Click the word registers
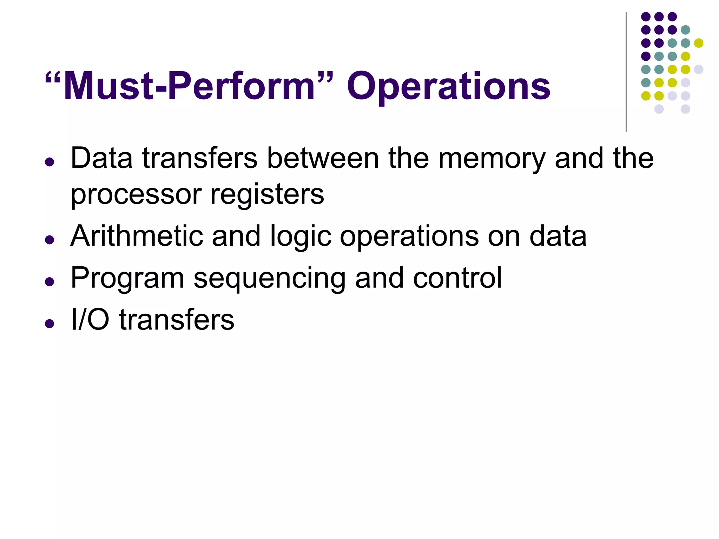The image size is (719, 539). [x=267, y=195]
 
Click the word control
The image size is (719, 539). [x=457, y=278]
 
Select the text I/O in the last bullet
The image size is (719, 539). [x=90, y=320]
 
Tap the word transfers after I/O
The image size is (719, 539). [x=177, y=320]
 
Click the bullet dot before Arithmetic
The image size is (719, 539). [x=50, y=240]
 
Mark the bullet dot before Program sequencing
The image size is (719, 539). [x=50, y=282]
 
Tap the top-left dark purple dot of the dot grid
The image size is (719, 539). [x=646, y=16]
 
